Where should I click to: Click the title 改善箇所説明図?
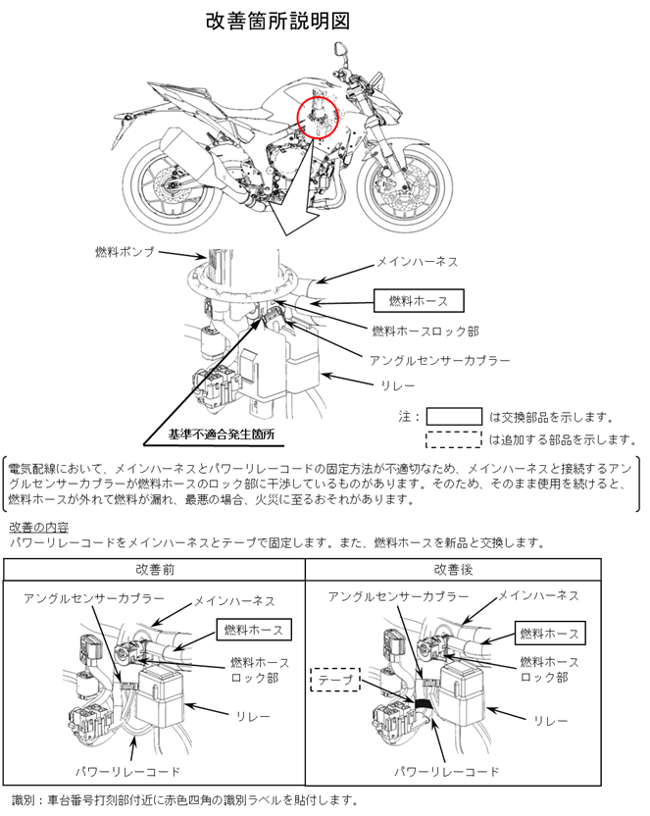pyautogui.click(x=277, y=20)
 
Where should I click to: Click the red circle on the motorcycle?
pyautogui.click(x=318, y=117)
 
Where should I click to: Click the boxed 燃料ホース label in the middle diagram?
pyautogui.click(x=418, y=300)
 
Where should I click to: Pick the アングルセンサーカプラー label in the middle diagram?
pyautogui.click(x=440, y=360)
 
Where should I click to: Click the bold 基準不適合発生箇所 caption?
pyautogui.click(x=221, y=433)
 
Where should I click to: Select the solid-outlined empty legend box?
pyautogui.click(x=453, y=416)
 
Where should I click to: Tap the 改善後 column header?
pyautogui.click(x=454, y=570)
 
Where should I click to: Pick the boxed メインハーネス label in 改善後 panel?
pyautogui.click(x=537, y=595)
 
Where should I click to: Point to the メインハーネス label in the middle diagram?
pyautogui.click(x=418, y=263)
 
